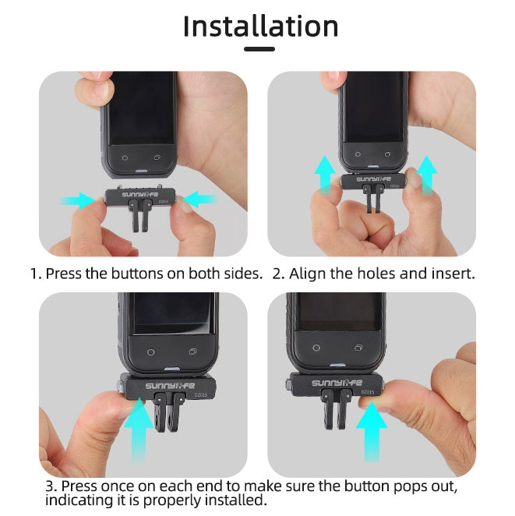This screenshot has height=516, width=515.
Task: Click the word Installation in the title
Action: (x=260, y=27)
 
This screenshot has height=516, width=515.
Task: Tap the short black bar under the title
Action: (x=259, y=49)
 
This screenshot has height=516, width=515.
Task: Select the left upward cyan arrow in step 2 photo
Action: (x=325, y=175)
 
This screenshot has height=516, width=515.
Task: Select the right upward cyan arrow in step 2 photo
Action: (x=427, y=175)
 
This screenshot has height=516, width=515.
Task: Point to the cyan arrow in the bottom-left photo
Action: (x=139, y=430)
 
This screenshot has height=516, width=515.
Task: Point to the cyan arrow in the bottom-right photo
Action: (x=372, y=431)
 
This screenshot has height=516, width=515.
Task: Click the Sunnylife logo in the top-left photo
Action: (x=140, y=195)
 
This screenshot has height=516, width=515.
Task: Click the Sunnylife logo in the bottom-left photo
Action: (x=170, y=386)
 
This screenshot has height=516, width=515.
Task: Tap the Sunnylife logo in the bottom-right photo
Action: (x=337, y=383)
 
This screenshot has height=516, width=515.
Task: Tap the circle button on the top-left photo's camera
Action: (x=125, y=158)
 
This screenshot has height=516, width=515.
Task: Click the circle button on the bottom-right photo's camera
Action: (x=316, y=348)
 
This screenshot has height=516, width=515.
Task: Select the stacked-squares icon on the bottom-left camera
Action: (x=193, y=352)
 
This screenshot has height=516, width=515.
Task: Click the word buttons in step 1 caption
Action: (x=137, y=274)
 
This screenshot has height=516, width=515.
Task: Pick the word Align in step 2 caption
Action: (x=307, y=274)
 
